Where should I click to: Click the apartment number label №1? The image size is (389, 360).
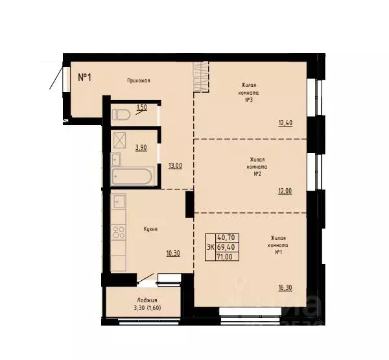coord(84,77)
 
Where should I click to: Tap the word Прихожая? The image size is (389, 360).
coord(139,80)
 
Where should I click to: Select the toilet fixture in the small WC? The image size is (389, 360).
coord(121,115)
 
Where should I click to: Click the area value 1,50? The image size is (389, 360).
coord(141,107)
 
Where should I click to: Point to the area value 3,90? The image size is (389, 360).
coord(141,147)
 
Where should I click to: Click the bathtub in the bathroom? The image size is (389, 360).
coord(132,176)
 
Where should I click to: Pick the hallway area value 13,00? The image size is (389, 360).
coord(174,165)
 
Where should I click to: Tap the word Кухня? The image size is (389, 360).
coord(151,229)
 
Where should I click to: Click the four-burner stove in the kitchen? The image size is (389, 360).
coord(119,232)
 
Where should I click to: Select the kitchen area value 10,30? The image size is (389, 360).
coord(172,253)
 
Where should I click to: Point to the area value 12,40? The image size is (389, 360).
coord(285,122)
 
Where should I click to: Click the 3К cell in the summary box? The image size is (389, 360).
coord(211,247)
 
